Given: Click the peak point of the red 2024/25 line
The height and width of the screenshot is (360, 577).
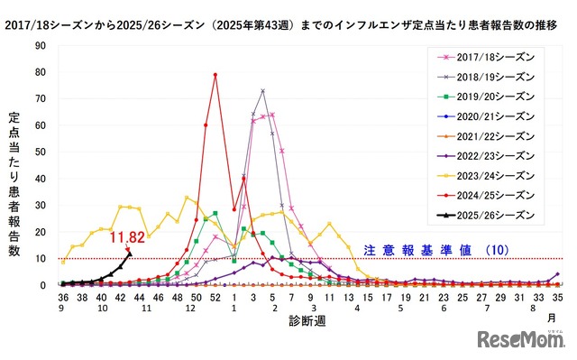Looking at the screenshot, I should [215, 75].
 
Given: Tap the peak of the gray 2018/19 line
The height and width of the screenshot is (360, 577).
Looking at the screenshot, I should [262, 91].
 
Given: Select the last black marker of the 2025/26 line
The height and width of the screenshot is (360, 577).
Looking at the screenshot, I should [130, 254].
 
